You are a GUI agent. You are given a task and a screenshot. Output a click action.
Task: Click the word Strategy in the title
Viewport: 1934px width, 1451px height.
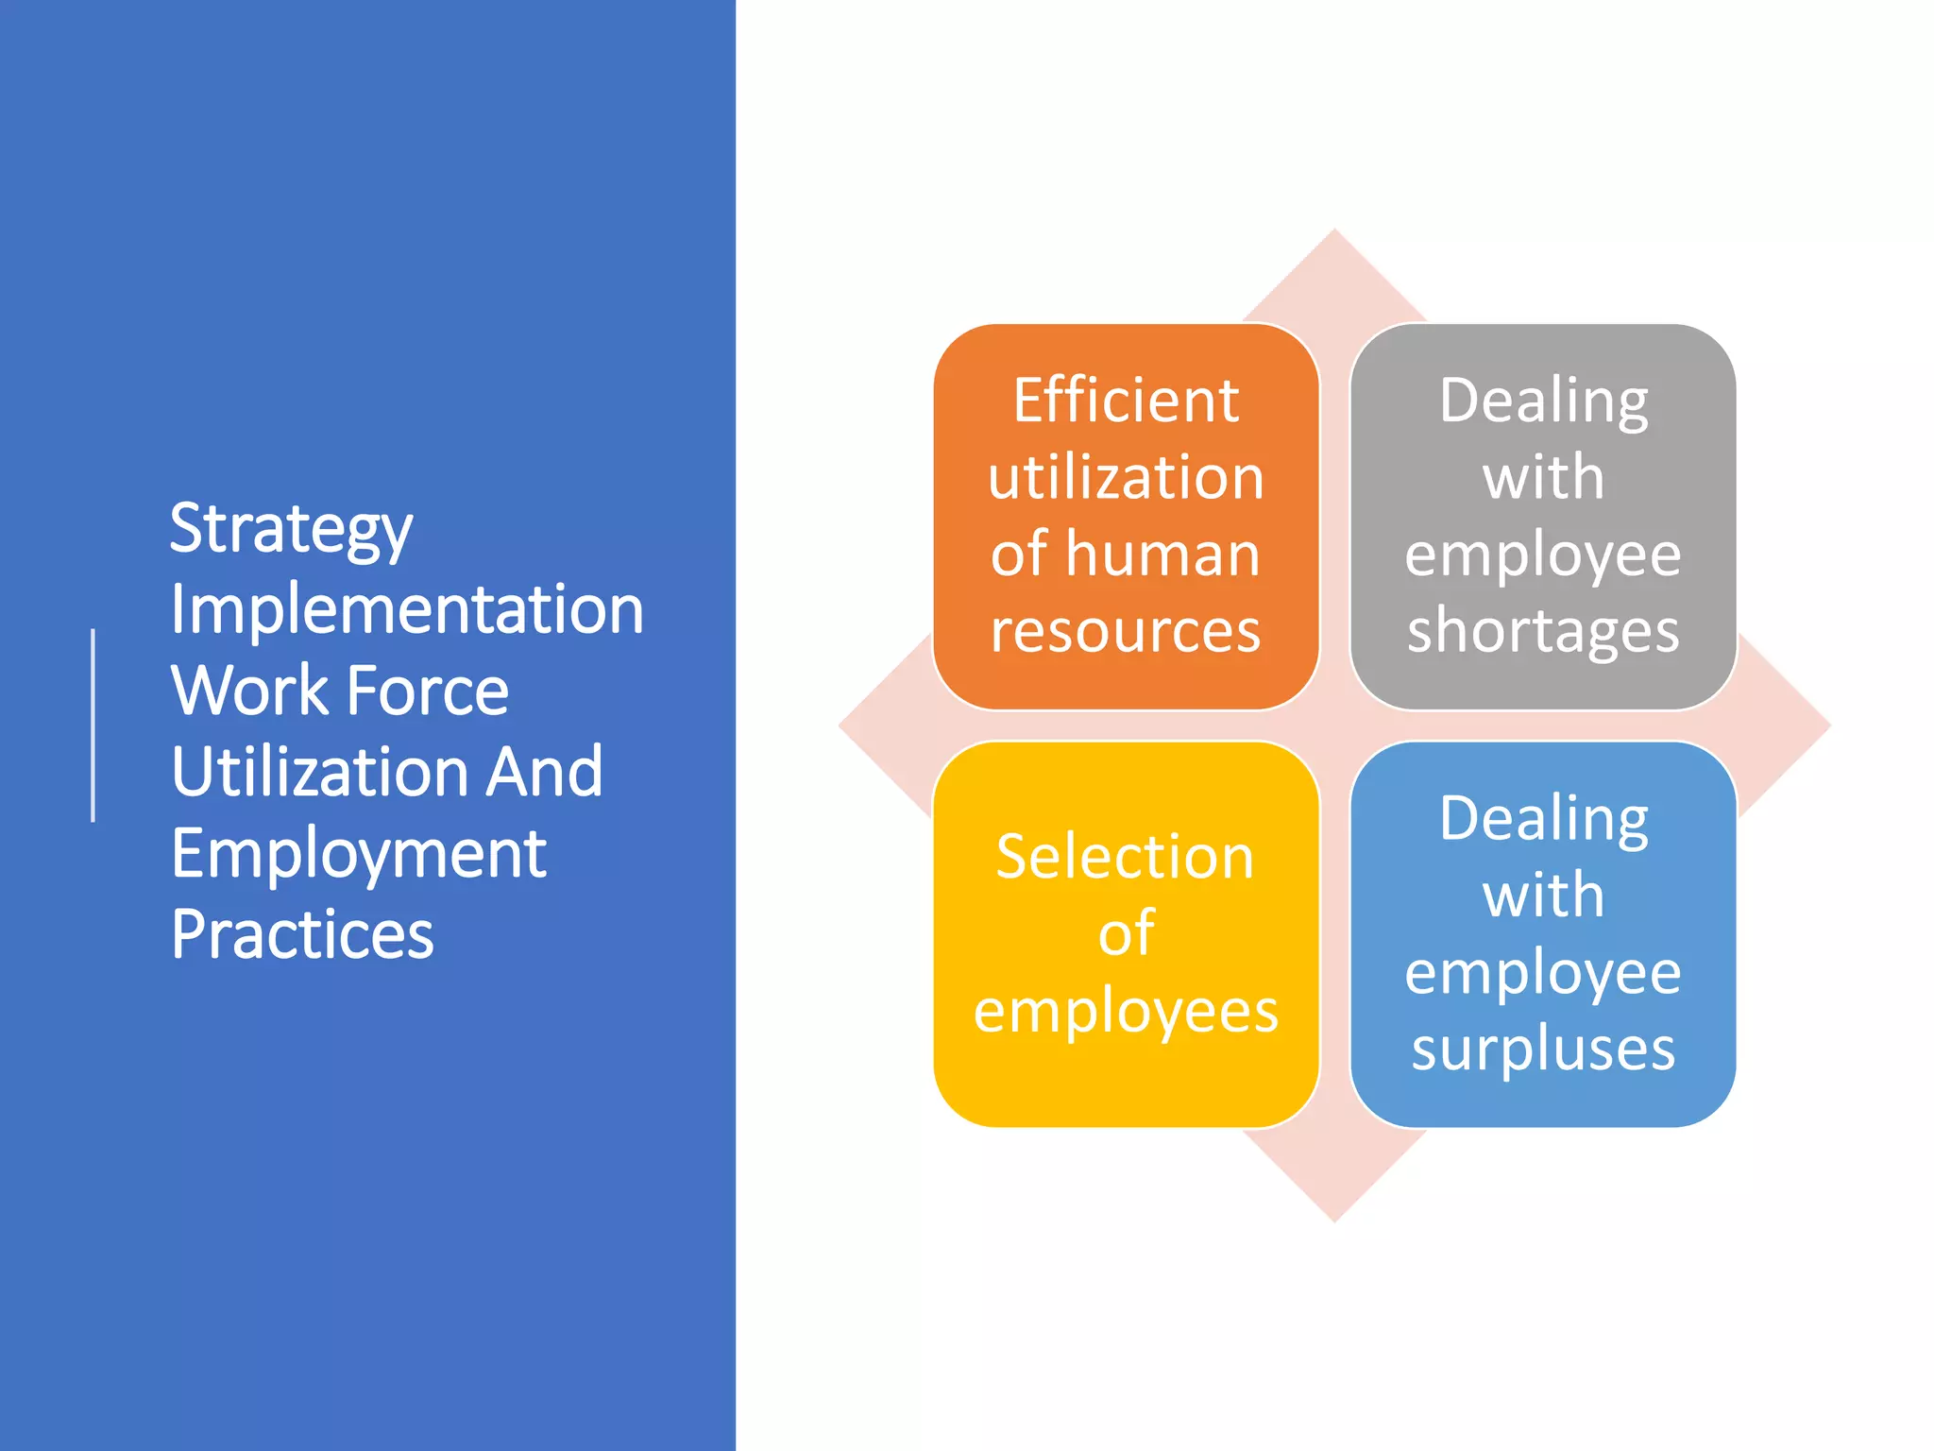(x=291, y=529)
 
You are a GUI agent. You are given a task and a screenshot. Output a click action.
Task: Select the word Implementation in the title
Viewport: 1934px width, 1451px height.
(x=407, y=609)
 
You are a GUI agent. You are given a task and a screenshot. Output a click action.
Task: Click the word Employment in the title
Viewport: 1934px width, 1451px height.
(x=358, y=854)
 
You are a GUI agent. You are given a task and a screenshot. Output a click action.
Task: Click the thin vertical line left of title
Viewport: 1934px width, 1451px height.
(x=93, y=725)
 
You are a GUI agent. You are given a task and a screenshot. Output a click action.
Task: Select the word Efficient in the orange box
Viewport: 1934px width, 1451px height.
(x=1126, y=401)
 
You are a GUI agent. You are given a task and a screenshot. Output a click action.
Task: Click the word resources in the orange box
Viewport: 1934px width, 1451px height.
(x=1126, y=630)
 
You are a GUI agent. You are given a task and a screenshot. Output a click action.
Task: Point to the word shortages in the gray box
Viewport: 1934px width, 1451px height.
(x=1543, y=630)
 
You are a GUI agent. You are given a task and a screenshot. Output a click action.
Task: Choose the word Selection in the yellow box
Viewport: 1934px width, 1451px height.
(x=1125, y=857)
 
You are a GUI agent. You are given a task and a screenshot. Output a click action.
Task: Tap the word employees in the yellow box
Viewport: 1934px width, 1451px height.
(x=1126, y=1012)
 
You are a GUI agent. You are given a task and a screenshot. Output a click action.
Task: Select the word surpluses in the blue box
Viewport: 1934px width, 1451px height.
(x=1543, y=1049)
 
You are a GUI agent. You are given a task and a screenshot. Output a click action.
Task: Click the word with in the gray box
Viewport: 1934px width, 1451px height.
(x=1543, y=477)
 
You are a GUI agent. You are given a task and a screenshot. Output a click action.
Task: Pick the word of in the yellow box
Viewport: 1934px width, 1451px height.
(x=1126, y=933)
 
